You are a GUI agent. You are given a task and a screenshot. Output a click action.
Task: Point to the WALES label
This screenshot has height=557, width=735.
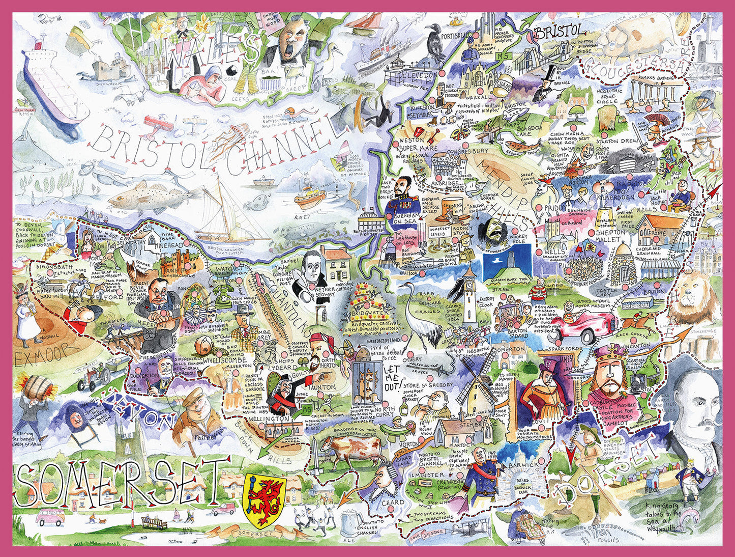coord(214,57)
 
